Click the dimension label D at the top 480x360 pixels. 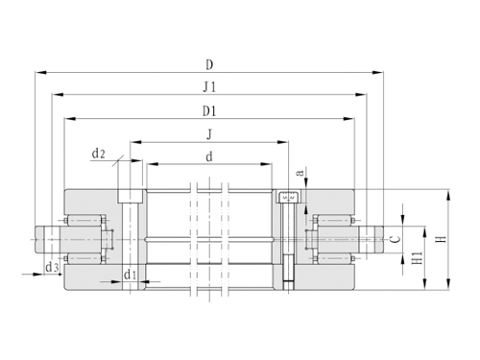click(209, 65)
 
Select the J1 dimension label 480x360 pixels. click(209, 87)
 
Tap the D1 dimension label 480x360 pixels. click(209, 111)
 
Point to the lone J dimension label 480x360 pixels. click(209, 134)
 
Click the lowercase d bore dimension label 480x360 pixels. click(209, 156)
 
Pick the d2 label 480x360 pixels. click(98, 154)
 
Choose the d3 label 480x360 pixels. click(52, 267)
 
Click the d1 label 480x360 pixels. click(131, 275)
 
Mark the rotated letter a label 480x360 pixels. click(300, 173)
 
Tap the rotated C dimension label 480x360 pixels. click(396, 239)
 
